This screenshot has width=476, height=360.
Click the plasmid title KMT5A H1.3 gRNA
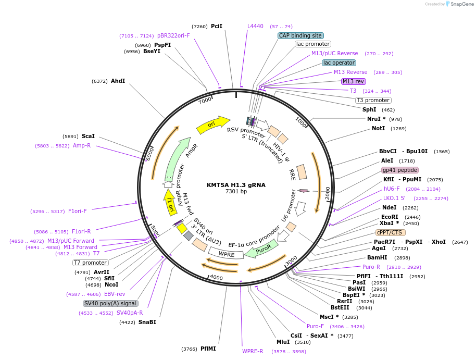pos(236,184)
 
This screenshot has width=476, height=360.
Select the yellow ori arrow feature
pos(212,125)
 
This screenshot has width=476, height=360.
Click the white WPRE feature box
pos(226,254)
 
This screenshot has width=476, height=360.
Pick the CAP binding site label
pos(300,35)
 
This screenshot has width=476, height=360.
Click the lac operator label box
pos(339,63)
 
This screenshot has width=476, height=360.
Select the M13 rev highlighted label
pos(353,81)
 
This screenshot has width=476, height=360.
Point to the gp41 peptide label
pos(400,170)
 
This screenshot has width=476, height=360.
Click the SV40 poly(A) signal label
pos(110,303)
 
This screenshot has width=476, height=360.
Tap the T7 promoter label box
pos(91,263)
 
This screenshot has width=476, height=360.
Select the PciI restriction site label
pos(217,26)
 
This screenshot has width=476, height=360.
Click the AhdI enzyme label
pos(118,81)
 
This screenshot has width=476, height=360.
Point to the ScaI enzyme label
pos(88,136)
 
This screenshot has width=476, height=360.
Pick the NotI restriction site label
pos(378,128)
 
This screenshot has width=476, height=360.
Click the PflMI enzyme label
pos(208,349)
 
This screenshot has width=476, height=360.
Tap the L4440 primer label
pos(255,26)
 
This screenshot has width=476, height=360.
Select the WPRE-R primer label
pos(253,351)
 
